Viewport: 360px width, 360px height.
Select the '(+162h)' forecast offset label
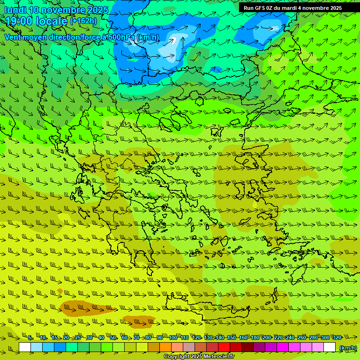click(83, 21)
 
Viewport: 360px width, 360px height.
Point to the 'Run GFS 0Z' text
click(258, 8)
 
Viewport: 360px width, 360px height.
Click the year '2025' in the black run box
click(333, 8)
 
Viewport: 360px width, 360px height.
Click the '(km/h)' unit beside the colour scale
click(348, 348)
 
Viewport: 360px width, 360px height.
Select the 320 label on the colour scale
click(337, 337)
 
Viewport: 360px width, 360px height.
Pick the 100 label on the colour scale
click(172, 337)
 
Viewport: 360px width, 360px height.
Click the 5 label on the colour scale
click(30, 337)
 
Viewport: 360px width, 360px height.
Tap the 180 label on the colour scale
click(255, 337)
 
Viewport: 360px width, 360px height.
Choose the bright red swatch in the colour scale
click(224, 347)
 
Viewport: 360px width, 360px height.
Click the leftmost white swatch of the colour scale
click(25, 347)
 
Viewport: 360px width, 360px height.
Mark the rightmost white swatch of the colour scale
click(330, 347)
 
